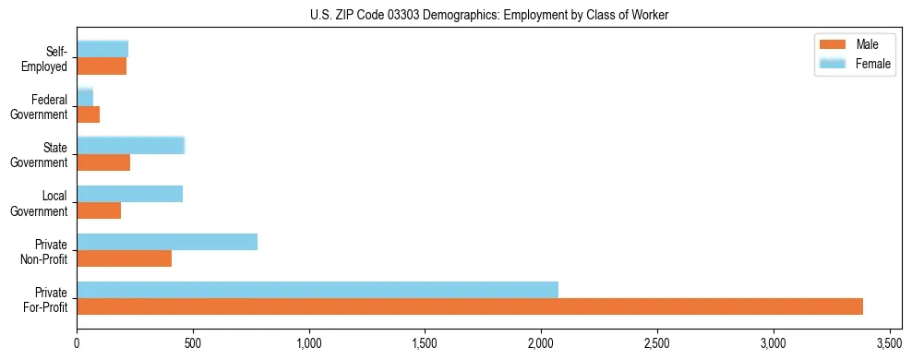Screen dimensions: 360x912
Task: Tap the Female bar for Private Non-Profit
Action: pos(167,242)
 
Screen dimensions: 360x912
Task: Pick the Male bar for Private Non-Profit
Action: pos(125,258)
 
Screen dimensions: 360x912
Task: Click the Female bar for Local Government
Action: pos(130,194)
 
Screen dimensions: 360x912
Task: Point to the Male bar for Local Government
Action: pos(99,210)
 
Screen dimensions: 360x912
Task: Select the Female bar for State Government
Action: pos(131,145)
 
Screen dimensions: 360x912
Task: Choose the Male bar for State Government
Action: pos(103,162)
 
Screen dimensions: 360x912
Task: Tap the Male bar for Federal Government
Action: pos(89,114)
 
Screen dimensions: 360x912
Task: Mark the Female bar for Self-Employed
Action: pos(102,49)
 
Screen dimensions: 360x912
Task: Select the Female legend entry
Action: pos(854,64)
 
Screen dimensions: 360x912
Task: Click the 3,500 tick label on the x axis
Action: pos(889,342)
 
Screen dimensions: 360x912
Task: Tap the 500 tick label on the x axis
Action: pos(193,342)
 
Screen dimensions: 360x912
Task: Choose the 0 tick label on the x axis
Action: pos(78,342)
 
